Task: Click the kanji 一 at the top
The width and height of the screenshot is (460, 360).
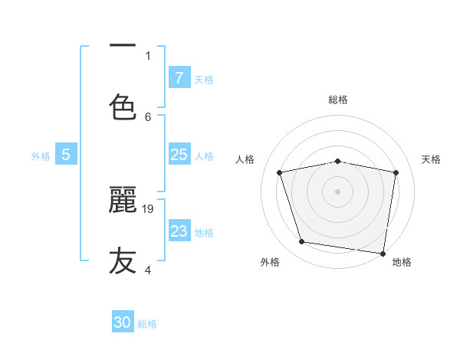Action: [x=123, y=46]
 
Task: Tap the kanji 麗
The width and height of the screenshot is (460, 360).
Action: [x=123, y=201]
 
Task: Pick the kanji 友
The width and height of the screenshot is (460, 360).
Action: [x=123, y=261]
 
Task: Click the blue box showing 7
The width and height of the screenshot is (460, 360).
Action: [x=179, y=77]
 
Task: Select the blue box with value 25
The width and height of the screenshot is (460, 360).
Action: [x=179, y=155]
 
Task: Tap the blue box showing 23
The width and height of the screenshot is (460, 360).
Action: [x=179, y=231]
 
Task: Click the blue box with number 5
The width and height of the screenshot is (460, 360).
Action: [x=66, y=155]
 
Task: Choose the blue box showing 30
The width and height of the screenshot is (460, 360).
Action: [x=123, y=322]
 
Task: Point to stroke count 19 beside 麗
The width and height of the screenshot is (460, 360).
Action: [x=149, y=208]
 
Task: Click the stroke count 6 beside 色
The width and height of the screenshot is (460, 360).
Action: [x=148, y=116]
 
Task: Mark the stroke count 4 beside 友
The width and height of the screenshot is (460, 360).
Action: [x=148, y=270]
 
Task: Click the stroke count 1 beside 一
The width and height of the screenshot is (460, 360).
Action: [x=148, y=55]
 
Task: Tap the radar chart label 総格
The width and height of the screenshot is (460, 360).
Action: [x=338, y=100]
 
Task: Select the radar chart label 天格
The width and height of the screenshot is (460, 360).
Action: [x=432, y=159]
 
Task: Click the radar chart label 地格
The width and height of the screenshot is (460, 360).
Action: [x=402, y=262]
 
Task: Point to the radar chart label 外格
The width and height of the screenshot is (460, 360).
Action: [x=270, y=262]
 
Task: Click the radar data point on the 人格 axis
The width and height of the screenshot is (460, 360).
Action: [x=280, y=172]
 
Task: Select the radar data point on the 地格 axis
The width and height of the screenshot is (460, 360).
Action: [x=383, y=253]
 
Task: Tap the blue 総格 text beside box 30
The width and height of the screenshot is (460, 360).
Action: [x=147, y=324]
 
